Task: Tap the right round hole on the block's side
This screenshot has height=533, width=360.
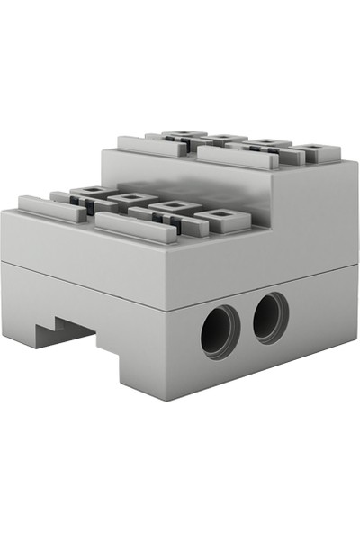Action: pyautogui.click(x=270, y=318)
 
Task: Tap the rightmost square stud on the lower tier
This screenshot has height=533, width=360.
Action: pyautogui.click(x=221, y=216)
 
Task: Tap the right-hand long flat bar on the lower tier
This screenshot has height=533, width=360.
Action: pyautogui.click(x=135, y=227)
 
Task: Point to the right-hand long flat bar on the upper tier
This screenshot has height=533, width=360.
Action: pyautogui.click(x=236, y=157)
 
